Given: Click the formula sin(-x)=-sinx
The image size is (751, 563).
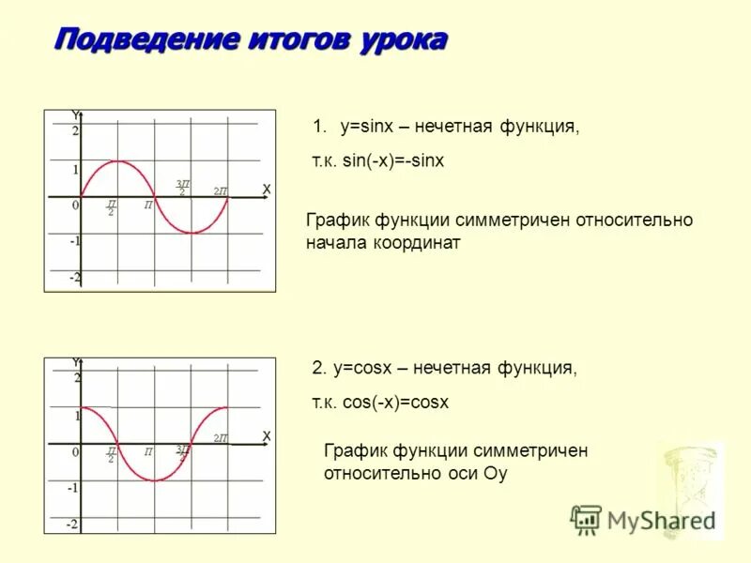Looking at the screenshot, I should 392,161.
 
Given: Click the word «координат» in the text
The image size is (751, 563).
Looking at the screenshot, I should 414,242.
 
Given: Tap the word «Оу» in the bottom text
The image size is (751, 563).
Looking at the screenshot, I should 495,473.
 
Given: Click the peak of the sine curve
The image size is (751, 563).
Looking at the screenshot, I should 116,161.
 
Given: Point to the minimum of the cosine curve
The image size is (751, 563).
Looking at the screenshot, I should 154,480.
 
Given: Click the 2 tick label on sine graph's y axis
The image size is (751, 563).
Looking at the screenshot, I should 76,131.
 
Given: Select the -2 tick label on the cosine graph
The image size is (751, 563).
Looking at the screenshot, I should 72,524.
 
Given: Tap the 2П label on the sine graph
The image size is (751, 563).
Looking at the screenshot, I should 221,191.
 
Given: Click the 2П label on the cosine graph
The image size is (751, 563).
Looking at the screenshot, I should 221,438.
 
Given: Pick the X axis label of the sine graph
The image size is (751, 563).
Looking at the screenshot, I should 266,190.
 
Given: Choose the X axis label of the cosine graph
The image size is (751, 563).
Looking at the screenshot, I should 266,436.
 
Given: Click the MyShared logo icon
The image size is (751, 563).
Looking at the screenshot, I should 586,519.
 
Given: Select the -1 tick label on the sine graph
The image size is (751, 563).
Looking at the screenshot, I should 74,241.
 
